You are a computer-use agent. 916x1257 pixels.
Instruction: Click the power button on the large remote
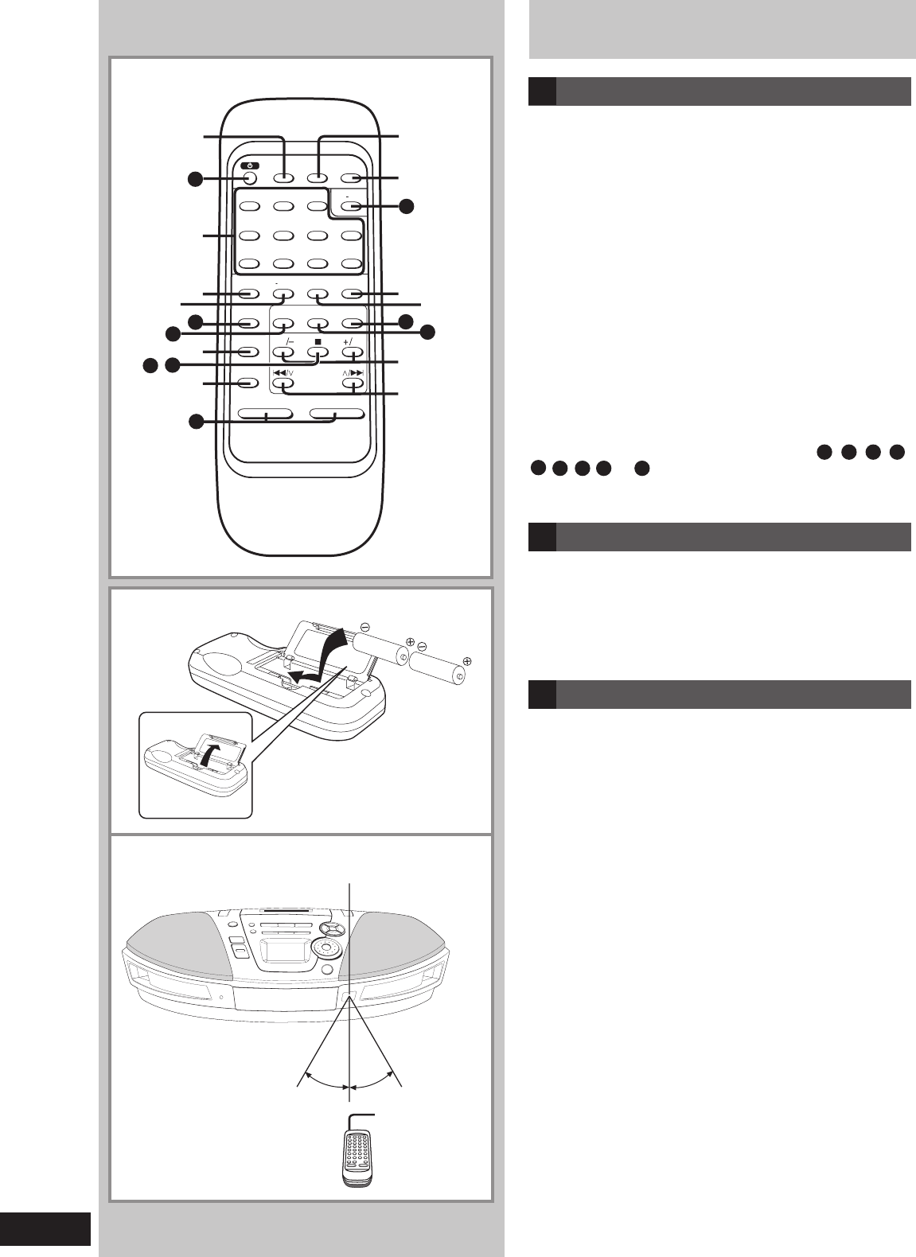click(250, 178)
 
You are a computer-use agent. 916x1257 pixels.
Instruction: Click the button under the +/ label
click(353, 352)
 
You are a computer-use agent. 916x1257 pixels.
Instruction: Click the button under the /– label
click(283, 352)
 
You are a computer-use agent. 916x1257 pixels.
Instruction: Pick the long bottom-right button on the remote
click(337, 414)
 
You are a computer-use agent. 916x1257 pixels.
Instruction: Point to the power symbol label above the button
click(250, 165)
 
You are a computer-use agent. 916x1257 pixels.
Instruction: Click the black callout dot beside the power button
click(196, 179)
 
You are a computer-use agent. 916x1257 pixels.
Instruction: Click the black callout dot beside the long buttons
click(196, 422)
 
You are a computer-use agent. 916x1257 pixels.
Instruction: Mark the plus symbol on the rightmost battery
click(467, 660)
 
